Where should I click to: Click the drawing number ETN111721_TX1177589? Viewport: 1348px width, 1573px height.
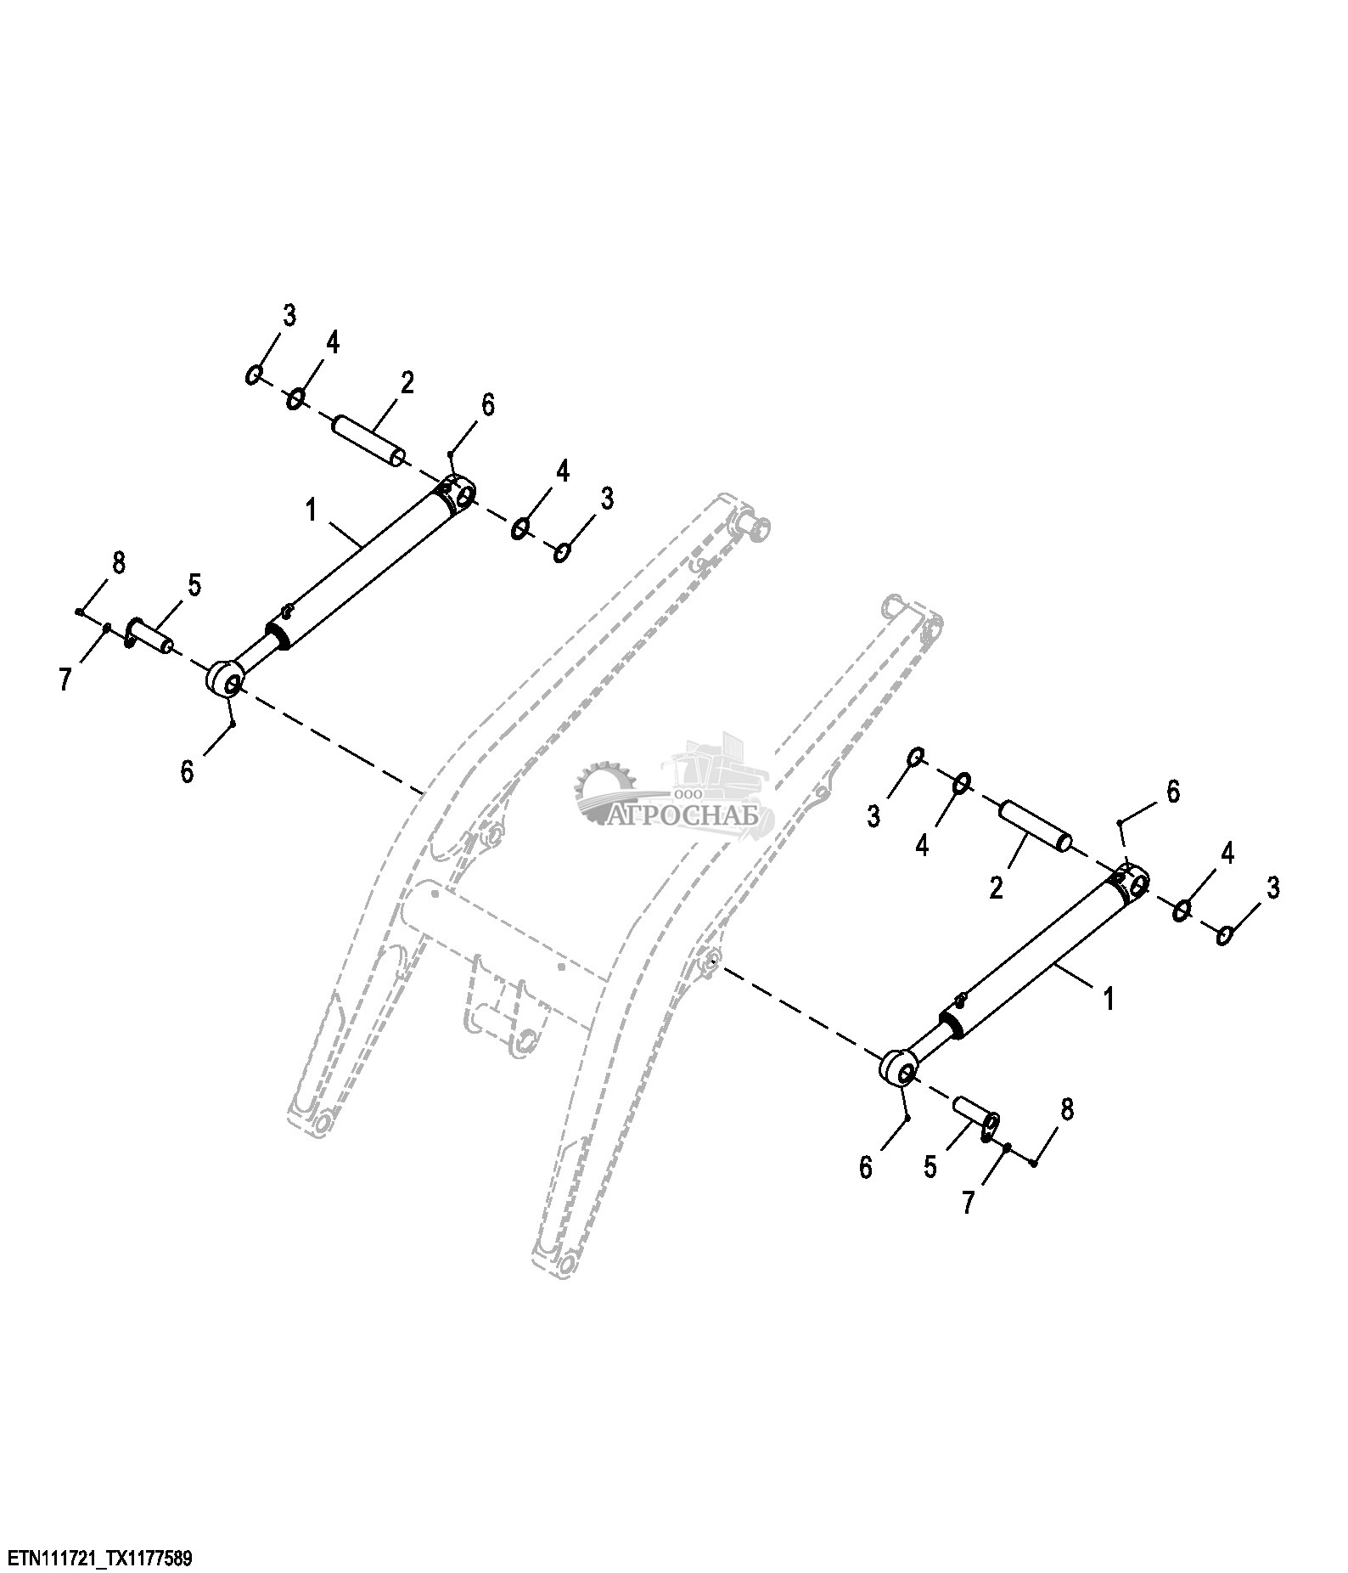click(100, 1557)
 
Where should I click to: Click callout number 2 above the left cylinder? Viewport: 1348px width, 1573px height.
click(407, 383)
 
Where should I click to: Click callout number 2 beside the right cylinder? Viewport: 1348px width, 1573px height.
click(997, 888)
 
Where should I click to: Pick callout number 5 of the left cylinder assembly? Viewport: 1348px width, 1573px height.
click(194, 584)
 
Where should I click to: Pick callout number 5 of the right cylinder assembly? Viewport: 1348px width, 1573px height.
click(930, 1168)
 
